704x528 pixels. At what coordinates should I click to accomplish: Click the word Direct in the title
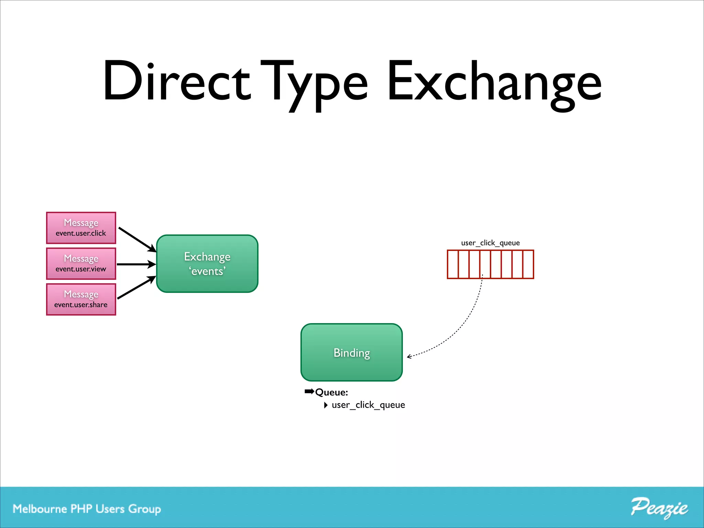pyautogui.click(x=177, y=81)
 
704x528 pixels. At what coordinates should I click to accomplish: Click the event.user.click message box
pyautogui.click(x=81, y=228)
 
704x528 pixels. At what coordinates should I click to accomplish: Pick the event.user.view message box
pyautogui.click(x=81, y=264)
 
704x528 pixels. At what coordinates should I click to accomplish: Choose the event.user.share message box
pyautogui.click(x=81, y=299)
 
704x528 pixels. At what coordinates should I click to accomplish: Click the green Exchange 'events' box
pyautogui.click(x=207, y=264)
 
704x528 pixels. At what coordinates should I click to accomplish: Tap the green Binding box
pyautogui.click(x=351, y=352)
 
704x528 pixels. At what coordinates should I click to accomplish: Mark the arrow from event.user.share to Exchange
pyautogui.click(x=136, y=287)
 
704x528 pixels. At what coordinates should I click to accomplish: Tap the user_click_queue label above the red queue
pyautogui.click(x=490, y=243)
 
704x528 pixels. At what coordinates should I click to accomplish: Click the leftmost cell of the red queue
pyautogui.click(x=453, y=264)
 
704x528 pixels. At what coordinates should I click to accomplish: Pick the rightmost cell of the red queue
pyautogui.click(x=528, y=264)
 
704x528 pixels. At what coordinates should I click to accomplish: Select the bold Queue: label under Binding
pyautogui.click(x=331, y=392)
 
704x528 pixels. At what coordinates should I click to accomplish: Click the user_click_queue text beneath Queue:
pyautogui.click(x=368, y=405)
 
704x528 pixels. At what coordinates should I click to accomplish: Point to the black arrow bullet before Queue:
pyautogui.click(x=309, y=392)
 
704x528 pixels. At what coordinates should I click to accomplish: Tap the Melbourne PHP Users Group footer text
pyautogui.click(x=87, y=509)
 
